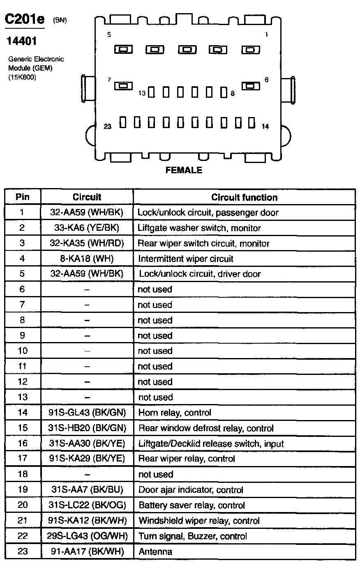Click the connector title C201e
tap(24, 19)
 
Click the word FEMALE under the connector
tap(184, 170)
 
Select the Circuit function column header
tap(244, 197)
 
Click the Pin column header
tap(23, 197)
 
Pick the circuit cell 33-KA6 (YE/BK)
tap(87, 227)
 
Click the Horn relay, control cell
tap(175, 413)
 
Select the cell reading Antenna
tap(155, 551)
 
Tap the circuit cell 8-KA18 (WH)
tap(87, 259)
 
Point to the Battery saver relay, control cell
tap(192, 505)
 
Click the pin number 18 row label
tap(23, 474)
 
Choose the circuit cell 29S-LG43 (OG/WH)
tap(87, 536)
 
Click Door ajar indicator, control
tap(191, 490)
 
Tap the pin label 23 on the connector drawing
tap(108, 126)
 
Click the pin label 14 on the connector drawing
tap(265, 126)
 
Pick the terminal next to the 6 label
tap(251, 86)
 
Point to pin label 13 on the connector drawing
tap(142, 93)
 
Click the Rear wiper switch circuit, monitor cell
tap(203, 243)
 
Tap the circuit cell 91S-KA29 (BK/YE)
tap(87, 459)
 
